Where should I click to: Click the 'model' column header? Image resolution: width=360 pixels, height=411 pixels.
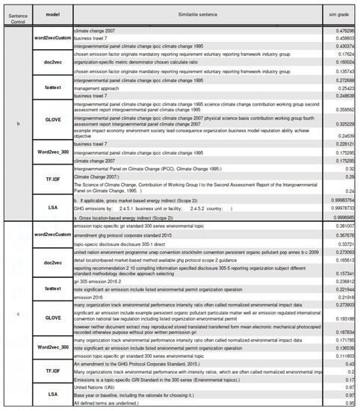tap(52, 14)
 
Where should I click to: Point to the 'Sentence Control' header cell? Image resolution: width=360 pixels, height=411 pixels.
tap(16, 14)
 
